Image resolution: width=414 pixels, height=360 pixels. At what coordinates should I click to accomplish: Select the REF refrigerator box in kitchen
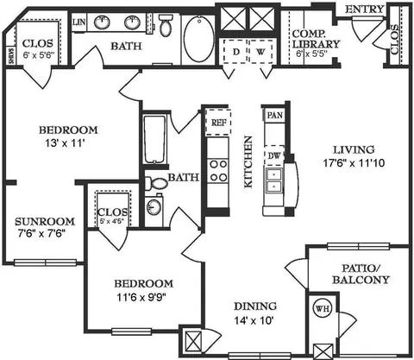pyautogui.click(x=218, y=123)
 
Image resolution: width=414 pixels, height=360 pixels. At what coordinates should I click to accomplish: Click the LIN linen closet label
pyautogui.click(x=79, y=21)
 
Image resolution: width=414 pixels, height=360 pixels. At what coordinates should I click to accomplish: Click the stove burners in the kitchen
pyautogui.click(x=218, y=166)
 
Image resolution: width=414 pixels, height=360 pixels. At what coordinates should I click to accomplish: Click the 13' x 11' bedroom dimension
pyautogui.click(x=67, y=144)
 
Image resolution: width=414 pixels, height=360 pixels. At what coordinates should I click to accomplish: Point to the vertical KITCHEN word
pyautogui.click(x=248, y=161)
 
